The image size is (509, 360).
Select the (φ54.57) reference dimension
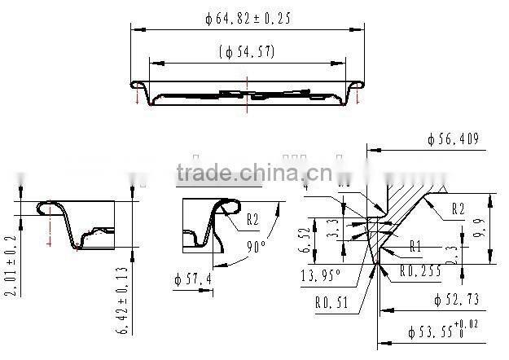coord(248,51)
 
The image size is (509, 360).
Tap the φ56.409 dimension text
coord(454,139)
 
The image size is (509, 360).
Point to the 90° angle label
coord(258,244)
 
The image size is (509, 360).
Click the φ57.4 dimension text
coord(193,280)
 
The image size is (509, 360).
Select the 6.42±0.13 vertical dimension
coord(124,301)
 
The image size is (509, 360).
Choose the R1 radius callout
coord(415,246)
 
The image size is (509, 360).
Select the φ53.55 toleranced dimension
coord(441,332)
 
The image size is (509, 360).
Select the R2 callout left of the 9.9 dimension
coord(459,209)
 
